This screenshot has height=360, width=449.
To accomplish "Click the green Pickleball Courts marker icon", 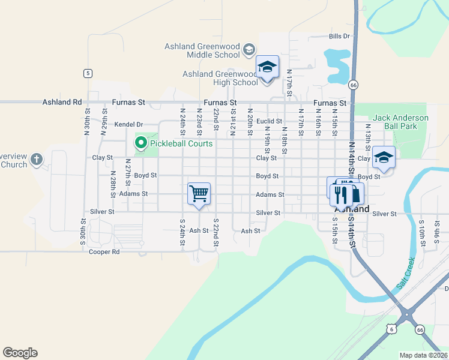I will click(x=141, y=143).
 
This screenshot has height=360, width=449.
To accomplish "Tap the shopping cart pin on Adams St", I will click(x=199, y=193).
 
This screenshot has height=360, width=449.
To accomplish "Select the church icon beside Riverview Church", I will click(x=37, y=160).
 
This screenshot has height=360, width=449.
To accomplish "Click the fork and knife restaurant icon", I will click(x=339, y=193).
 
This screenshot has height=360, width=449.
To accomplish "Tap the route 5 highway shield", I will click(x=88, y=73).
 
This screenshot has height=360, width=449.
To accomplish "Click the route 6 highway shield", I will click(x=391, y=329).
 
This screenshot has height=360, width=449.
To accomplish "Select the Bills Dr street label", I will click(x=339, y=37).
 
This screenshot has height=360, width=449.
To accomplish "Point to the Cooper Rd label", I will click(x=104, y=252).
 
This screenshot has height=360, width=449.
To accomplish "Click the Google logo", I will click(x=20, y=353).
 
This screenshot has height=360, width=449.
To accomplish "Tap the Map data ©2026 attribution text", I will click(x=423, y=355).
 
